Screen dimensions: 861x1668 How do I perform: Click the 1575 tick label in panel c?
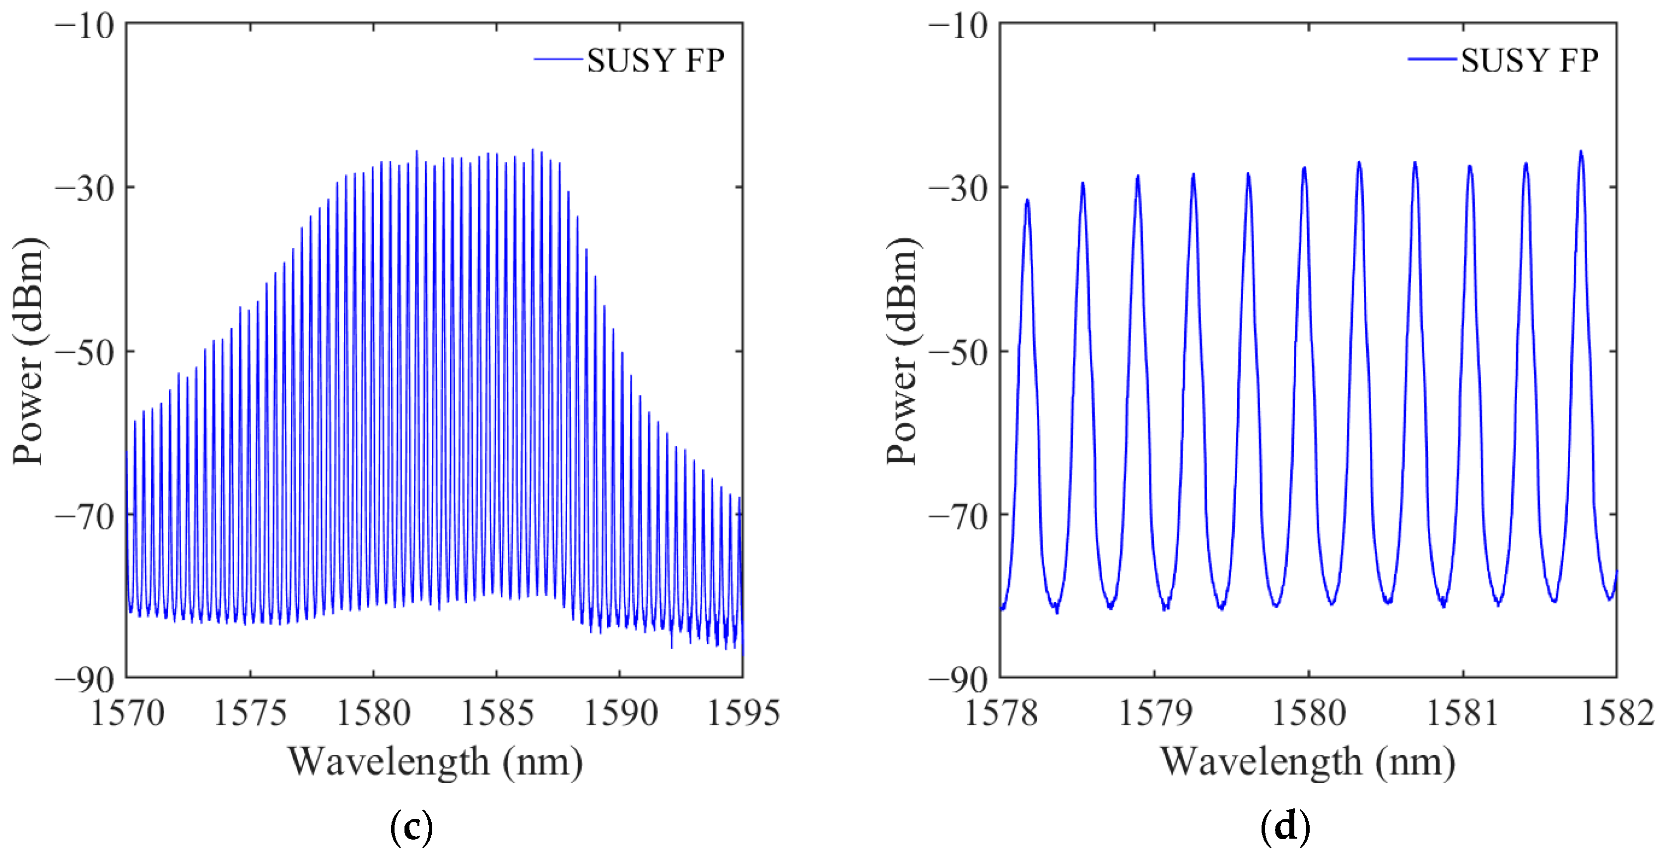pyautogui.click(x=250, y=714)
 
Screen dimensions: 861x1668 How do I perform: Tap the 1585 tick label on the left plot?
pyautogui.click(x=497, y=714)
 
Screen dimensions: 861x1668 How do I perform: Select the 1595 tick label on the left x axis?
pyautogui.click(x=743, y=714)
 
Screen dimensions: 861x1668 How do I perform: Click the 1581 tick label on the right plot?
pyautogui.click(x=1463, y=714)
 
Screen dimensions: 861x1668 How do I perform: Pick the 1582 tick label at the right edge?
pyautogui.click(x=1617, y=714)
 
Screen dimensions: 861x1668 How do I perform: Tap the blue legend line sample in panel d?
pyautogui.click(x=1433, y=60)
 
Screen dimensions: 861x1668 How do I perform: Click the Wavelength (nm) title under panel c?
pyautogui.click(x=435, y=762)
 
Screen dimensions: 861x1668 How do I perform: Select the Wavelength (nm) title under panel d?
pyautogui.click(x=1308, y=762)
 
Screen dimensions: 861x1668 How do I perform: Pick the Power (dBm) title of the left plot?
pyautogui.click(x=29, y=351)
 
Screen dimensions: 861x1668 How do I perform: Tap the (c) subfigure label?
pyautogui.click(x=412, y=827)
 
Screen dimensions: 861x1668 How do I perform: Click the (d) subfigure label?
pyautogui.click(x=1285, y=827)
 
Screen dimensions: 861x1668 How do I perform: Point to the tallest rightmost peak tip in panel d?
pyautogui.click(x=1581, y=151)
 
